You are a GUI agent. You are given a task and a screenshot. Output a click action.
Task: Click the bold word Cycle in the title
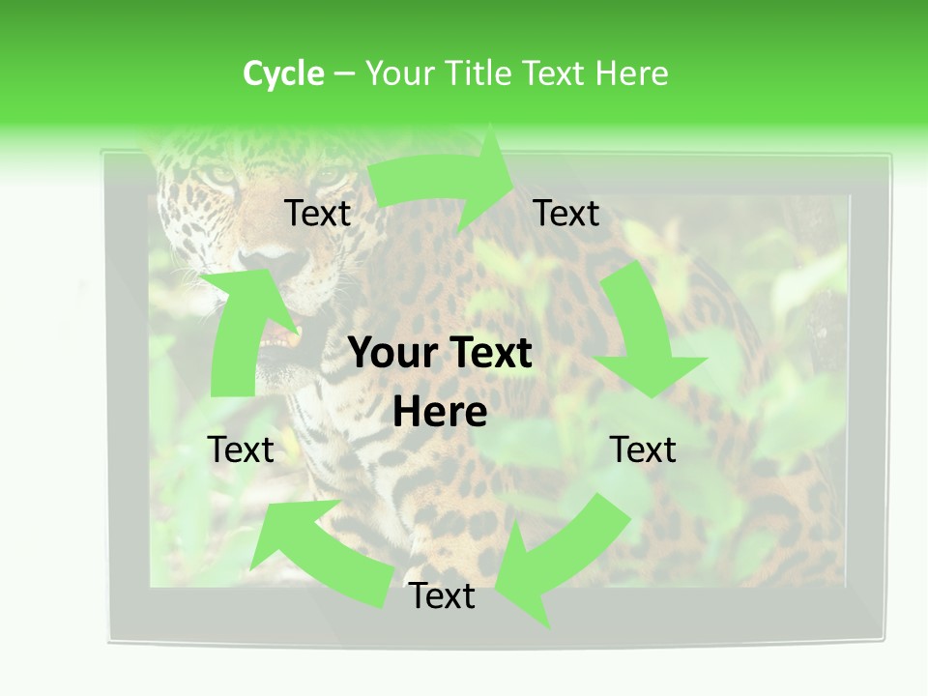click(283, 73)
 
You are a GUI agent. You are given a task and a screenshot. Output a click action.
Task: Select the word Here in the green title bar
click(631, 73)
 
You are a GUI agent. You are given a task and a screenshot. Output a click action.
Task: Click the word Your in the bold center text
click(388, 354)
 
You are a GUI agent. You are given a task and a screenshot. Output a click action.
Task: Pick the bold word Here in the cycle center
click(440, 413)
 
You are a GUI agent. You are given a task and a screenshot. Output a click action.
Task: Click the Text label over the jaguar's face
click(317, 214)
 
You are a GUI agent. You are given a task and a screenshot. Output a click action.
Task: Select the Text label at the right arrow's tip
click(566, 214)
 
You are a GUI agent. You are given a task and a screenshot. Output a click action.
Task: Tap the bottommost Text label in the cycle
click(442, 596)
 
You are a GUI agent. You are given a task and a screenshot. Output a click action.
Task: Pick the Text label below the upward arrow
click(241, 449)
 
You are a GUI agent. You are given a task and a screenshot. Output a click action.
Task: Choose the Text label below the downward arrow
click(643, 449)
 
